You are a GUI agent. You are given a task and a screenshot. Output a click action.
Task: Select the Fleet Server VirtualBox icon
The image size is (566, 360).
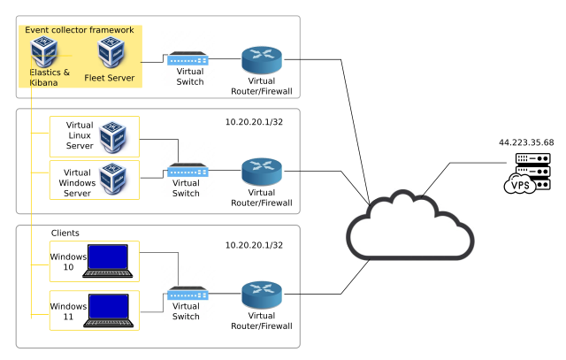[111, 54]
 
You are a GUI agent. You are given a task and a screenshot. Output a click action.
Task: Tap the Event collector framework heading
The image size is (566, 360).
[79, 30]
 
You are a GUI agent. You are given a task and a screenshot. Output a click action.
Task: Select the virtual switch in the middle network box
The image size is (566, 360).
[187, 171]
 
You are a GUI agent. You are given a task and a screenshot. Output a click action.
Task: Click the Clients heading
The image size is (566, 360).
[65, 234]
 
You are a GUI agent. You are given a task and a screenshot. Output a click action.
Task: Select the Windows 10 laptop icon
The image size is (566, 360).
[105, 260]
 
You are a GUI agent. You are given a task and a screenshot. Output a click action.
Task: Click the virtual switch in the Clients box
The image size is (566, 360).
[187, 294]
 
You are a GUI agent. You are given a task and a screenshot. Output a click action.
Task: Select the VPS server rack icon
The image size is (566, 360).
[526, 173]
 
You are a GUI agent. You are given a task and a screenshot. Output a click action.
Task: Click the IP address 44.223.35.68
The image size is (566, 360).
[525, 142]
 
